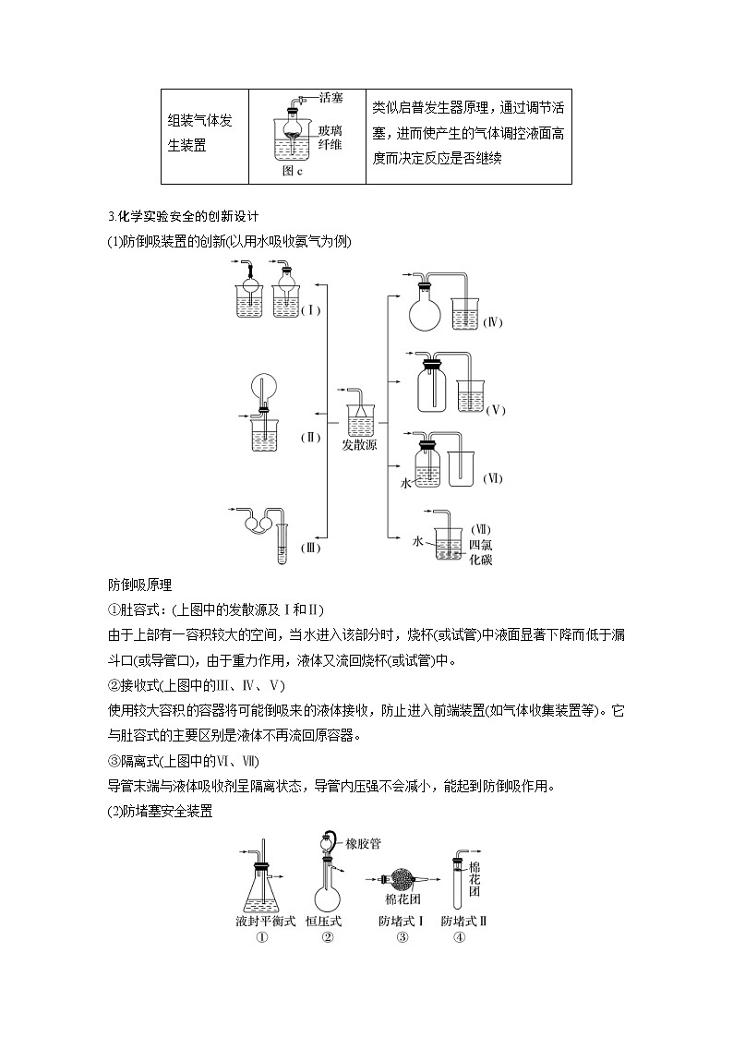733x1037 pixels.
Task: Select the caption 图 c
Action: [x=293, y=172]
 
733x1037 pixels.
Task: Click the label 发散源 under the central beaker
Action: [x=359, y=445]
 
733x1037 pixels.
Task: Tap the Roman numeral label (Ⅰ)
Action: [x=310, y=310]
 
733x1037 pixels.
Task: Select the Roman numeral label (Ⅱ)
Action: [x=310, y=437]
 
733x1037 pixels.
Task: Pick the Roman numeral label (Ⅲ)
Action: [x=310, y=548]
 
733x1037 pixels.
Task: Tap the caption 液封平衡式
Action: [x=265, y=921]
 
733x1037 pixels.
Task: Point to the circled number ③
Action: [x=403, y=937]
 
